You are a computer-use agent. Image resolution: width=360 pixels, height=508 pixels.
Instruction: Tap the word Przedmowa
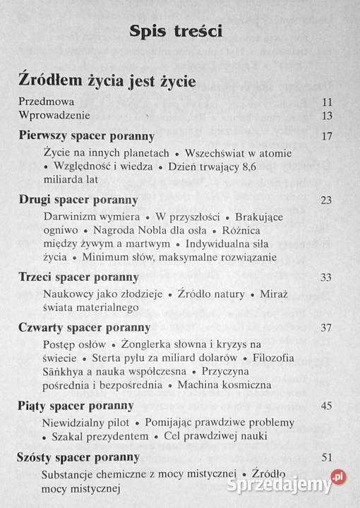(47, 102)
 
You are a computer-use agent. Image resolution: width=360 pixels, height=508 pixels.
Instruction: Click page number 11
(326, 102)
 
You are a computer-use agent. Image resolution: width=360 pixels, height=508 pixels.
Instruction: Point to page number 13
(326, 116)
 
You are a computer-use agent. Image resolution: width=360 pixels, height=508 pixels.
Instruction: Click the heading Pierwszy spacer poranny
(87, 135)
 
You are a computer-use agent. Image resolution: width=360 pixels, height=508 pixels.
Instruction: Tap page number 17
(326, 136)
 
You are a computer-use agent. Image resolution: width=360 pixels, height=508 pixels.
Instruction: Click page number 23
(325, 200)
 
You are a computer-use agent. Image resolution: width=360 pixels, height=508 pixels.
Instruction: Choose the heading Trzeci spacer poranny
(78, 277)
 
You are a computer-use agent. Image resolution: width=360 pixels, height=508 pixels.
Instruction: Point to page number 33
(325, 277)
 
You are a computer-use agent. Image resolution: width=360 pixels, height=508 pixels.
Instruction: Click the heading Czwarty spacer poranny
(85, 327)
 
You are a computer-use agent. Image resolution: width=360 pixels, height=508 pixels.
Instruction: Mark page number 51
(325, 458)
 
